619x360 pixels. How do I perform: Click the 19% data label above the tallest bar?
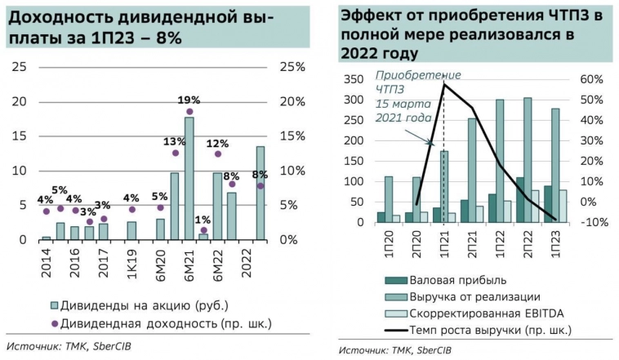(189, 100)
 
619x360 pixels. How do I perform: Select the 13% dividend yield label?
(174, 140)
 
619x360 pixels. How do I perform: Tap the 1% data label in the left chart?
(203, 219)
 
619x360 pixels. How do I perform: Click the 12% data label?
(217, 142)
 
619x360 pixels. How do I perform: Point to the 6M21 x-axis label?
(189, 262)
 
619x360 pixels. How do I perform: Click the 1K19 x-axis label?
(131, 262)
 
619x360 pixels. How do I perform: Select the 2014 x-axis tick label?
(46, 261)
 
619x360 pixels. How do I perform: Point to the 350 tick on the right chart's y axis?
(353, 79)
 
